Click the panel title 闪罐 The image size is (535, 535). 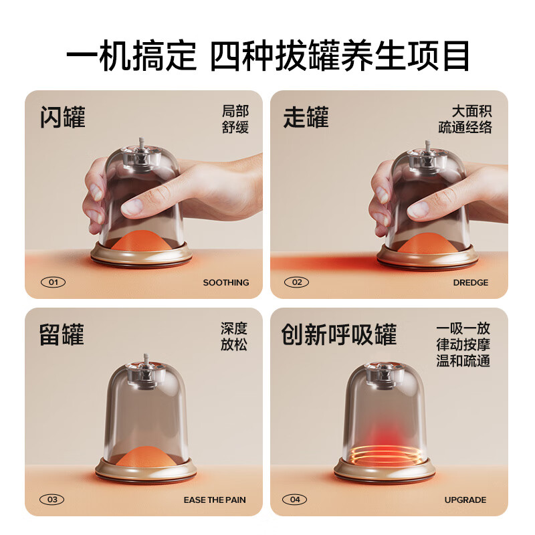pyautogui.click(x=63, y=117)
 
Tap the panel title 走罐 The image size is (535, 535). pyautogui.click(x=306, y=117)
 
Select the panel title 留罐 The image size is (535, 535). pyautogui.click(x=62, y=334)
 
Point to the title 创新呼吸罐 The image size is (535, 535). pyautogui.click(x=339, y=334)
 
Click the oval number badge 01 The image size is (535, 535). pyautogui.click(x=53, y=282)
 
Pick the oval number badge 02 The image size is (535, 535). pyautogui.click(x=296, y=282)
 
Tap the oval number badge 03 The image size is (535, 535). pyautogui.click(x=52, y=500)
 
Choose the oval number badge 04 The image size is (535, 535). pyautogui.click(x=295, y=500)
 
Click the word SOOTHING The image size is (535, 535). pyautogui.click(x=226, y=282)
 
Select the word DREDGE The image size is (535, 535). pyautogui.click(x=471, y=282)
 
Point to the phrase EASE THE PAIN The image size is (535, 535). pyautogui.click(x=215, y=500)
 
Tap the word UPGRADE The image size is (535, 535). pyautogui.click(x=465, y=500)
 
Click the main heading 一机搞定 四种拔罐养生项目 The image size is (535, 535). pyautogui.click(x=268, y=56)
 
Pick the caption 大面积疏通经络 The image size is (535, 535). pyautogui.click(x=465, y=120)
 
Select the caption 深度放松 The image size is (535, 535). pyautogui.click(x=233, y=336)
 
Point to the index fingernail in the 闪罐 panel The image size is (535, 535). pyautogui.click(x=131, y=207)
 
